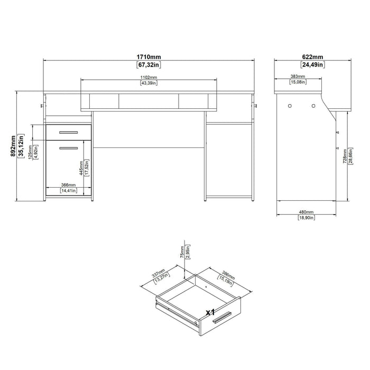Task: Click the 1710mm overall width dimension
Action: pos(149,56)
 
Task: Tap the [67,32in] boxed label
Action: pos(149,65)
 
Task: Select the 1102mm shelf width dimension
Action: pos(149,78)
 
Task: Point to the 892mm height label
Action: pos(6,145)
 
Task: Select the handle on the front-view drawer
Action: pos(68,131)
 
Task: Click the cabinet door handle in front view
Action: pos(68,149)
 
